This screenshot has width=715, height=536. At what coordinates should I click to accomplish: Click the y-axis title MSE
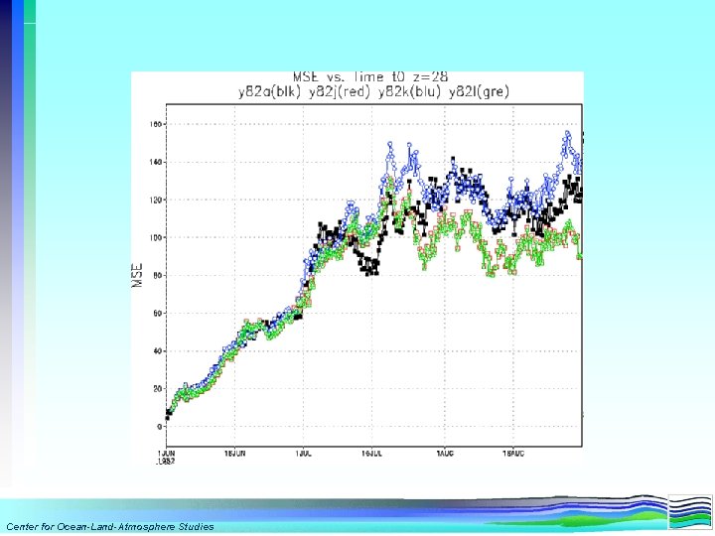click(138, 275)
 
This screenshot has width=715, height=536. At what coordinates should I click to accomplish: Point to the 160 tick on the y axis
click(156, 124)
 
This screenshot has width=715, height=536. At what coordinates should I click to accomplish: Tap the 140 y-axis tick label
click(156, 162)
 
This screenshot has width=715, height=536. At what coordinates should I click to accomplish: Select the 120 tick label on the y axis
click(156, 200)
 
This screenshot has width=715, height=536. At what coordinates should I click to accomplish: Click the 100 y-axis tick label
click(156, 237)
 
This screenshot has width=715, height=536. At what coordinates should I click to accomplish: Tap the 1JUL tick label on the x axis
click(304, 452)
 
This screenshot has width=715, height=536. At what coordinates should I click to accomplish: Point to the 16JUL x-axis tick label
click(372, 452)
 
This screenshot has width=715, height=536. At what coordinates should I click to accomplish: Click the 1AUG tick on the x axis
click(444, 452)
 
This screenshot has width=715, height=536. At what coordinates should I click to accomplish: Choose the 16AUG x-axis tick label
click(512, 452)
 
